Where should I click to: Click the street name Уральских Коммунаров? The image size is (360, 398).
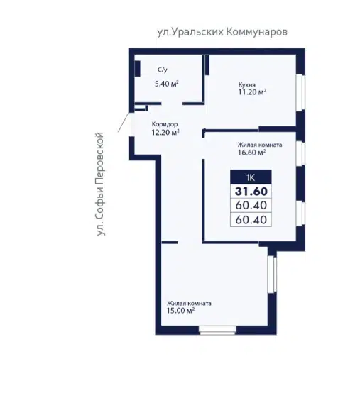click(222, 32)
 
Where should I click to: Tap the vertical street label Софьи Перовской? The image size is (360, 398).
click(100, 184)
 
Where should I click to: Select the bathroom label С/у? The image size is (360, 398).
click(163, 70)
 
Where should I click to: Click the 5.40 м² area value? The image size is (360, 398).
click(167, 84)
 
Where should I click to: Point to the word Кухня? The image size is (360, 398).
click(246, 84)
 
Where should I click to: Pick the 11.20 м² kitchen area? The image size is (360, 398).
click(252, 92)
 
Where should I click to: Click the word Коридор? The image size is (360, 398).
click(165, 124)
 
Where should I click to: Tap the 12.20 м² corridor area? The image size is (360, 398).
click(165, 132)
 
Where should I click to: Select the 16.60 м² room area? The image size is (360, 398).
click(252, 153)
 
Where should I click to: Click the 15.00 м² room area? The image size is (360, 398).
click(181, 311)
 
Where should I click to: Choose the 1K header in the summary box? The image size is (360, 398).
click(251, 177)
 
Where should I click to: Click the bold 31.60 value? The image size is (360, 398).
click(251, 192)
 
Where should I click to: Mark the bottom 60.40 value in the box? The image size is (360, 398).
click(251, 220)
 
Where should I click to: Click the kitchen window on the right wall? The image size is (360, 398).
click(301, 92)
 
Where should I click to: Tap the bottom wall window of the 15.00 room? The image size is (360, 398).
click(217, 331)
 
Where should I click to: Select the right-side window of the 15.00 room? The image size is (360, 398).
click(273, 275)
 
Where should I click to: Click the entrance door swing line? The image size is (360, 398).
click(124, 122)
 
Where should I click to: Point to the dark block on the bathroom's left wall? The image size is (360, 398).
click(138, 69)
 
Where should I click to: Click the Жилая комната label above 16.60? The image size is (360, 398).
click(260, 145)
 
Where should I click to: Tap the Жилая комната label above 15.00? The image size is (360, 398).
click(190, 304)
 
